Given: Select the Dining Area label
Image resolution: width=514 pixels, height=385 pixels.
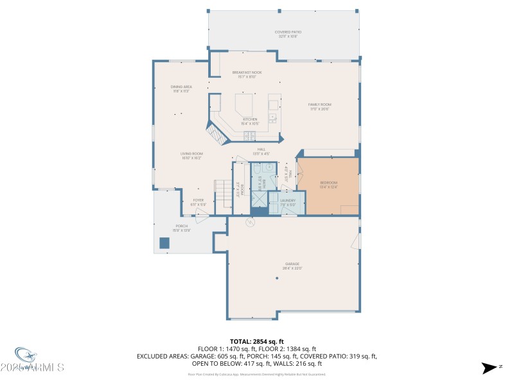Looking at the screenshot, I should (181, 89).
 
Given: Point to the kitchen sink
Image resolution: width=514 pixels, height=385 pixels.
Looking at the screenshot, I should (273, 117).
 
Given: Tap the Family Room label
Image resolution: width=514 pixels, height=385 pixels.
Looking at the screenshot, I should (319, 107).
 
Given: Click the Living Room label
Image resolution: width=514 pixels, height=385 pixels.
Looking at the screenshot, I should (191, 155).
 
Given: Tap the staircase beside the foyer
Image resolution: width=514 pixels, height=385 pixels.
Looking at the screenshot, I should (223, 193).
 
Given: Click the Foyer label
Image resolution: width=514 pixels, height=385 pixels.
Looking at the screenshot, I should (198, 201).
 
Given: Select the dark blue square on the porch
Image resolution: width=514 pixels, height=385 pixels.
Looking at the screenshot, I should (164, 243).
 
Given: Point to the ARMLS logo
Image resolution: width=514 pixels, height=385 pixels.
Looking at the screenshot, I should (39, 363).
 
